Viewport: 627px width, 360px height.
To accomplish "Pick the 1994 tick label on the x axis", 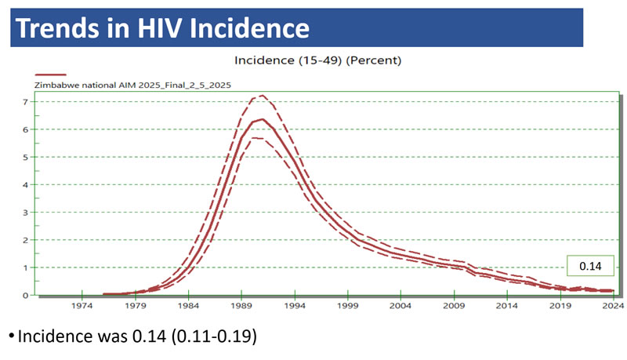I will (x=295, y=305).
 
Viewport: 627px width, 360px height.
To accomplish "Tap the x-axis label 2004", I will (x=401, y=305).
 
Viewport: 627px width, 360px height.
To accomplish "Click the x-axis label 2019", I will (x=560, y=305).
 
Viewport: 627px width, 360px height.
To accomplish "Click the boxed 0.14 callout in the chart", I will (x=589, y=267).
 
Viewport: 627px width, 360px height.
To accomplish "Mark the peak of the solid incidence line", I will (x=262, y=119).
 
